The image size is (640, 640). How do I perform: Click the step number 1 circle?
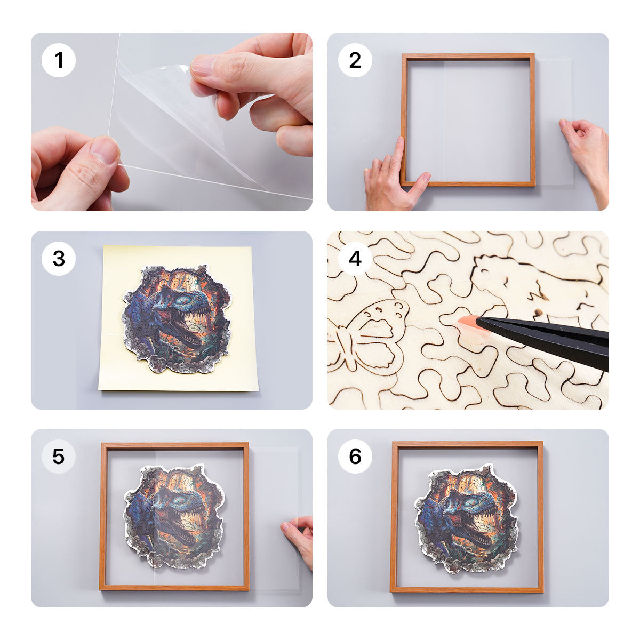[x=59, y=60]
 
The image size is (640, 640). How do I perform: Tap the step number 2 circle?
[x=355, y=60]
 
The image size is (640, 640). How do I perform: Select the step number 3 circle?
[x=59, y=259]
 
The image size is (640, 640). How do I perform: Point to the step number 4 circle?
[x=355, y=259]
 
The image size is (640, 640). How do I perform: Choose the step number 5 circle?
[x=59, y=457]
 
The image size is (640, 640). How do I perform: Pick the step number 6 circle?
[x=355, y=457]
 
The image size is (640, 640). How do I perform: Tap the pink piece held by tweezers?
[x=468, y=323]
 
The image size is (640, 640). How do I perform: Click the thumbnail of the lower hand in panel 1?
[x=105, y=150]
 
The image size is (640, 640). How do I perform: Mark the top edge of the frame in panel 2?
[x=468, y=56]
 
